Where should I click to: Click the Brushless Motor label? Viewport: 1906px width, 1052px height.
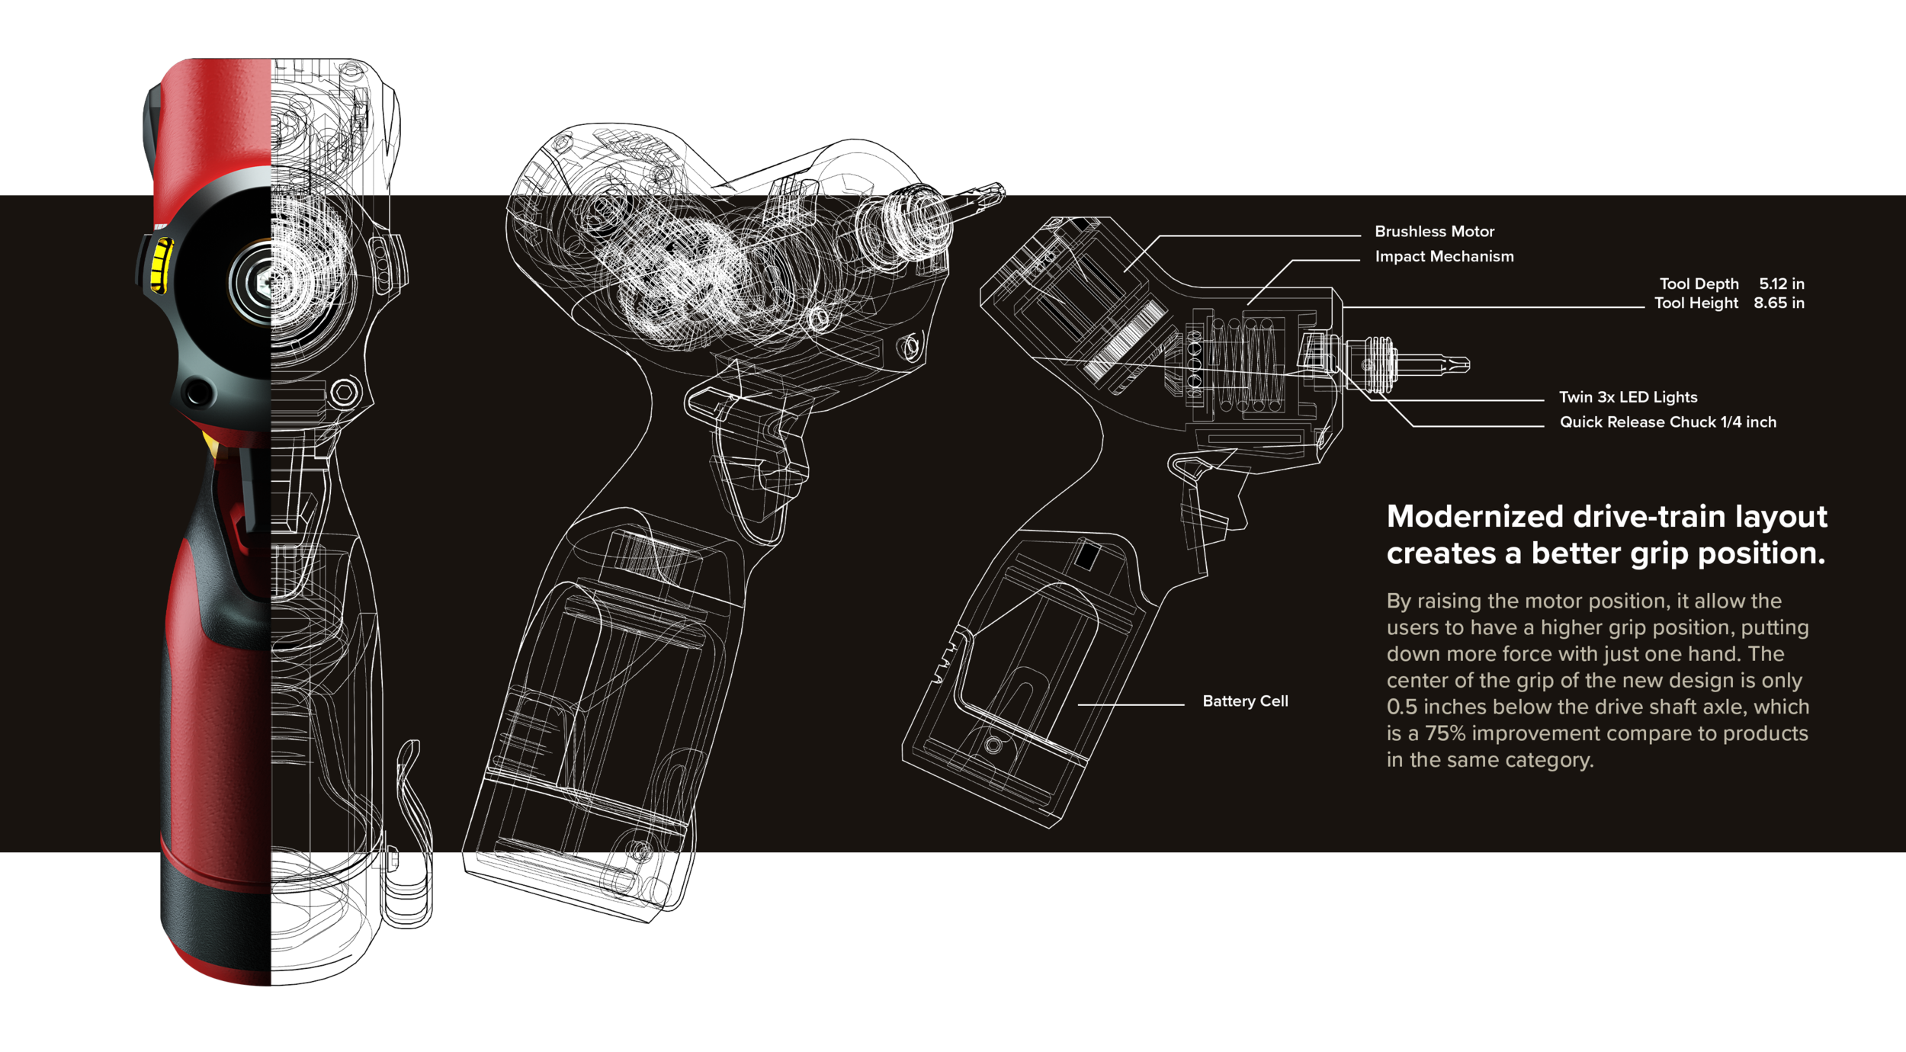[x=1434, y=231]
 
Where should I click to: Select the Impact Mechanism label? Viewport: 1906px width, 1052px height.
[x=1444, y=256]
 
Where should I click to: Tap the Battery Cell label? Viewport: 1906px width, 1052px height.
[x=1245, y=701]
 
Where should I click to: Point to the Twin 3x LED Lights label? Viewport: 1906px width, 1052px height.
[x=1628, y=397]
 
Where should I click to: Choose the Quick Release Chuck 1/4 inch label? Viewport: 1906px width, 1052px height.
[x=1667, y=422]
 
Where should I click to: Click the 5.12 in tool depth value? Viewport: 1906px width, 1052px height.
[x=1782, y=284]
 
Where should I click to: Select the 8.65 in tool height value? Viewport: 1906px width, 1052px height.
[x=1779, y=303]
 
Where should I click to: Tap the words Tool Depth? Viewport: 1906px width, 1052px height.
[x=1699, y=284]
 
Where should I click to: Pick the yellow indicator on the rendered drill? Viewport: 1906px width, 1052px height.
[x=160, y=265]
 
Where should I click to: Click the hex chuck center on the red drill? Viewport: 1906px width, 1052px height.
[x=261, y=283]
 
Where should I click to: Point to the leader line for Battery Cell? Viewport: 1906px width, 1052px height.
[x=1131, y=705]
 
